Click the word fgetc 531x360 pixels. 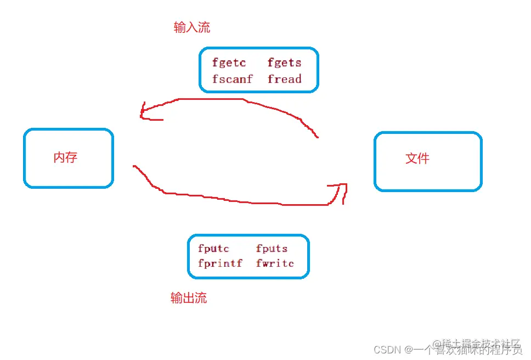(229, 63)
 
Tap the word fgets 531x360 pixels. (284, 63)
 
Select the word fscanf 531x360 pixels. (233, 79)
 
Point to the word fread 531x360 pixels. (284, 79)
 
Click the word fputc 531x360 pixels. (213, 249)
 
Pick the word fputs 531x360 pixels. (272, 249)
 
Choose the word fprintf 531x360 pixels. (220, 263)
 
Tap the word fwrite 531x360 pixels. (275, 263)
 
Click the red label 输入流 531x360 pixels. (192, 27)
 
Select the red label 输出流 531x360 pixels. (189, 298)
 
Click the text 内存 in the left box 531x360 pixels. (65, 157)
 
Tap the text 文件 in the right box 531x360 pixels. (417, 159)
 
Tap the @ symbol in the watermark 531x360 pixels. (409, 350)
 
